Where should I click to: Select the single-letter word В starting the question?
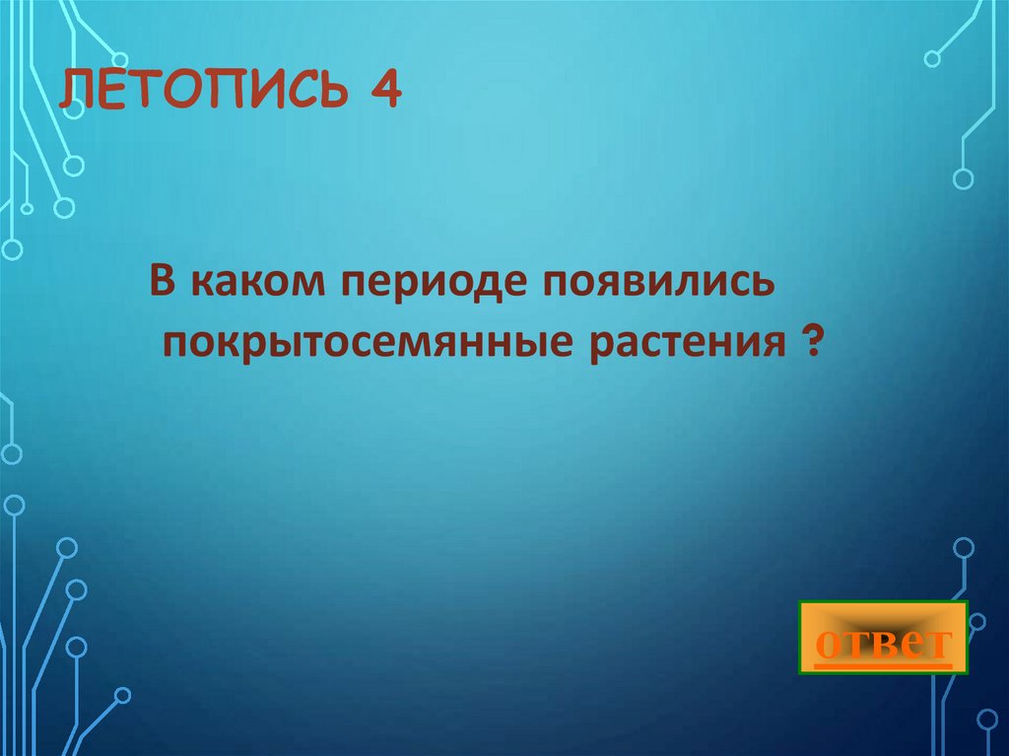pyautogui.click(x=163, y=285)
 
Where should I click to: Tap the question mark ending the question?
pyautogui.click(x=810, y=344)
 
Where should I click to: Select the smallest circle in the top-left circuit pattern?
pyautogui.click(x=27, y=208)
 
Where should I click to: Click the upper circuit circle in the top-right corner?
pyautogui.click(x=932, y=59)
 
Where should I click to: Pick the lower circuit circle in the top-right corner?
pyautogui.click(x=963, y=178)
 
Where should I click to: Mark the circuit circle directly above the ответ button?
pyautogui.click(x=964, y=547)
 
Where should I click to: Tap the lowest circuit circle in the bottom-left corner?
pyautogui.click(x=123, y=695)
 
